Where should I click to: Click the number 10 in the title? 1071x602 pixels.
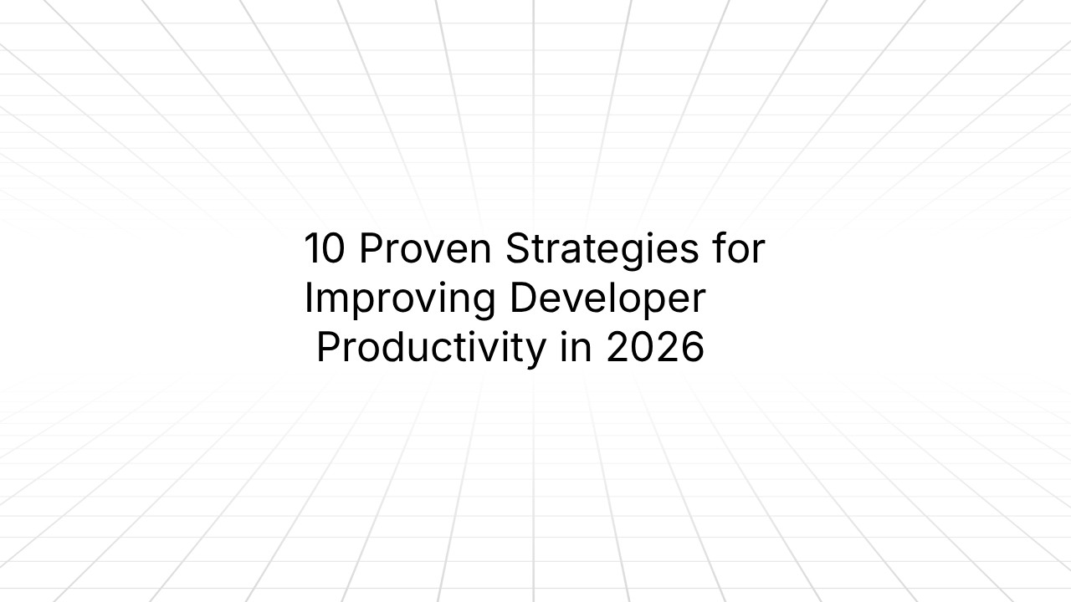[x=323, y=249]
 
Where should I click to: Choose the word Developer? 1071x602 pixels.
[x=608, y=299]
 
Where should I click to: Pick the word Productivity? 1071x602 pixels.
[x=430, y=348]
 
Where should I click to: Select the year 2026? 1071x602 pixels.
[x=655, y=348]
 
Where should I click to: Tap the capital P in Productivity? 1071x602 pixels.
[x=328, y=348]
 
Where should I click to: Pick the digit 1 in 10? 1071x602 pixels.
[x=311, y=249]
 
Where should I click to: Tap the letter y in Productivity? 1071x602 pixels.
[x=535, y=351]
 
